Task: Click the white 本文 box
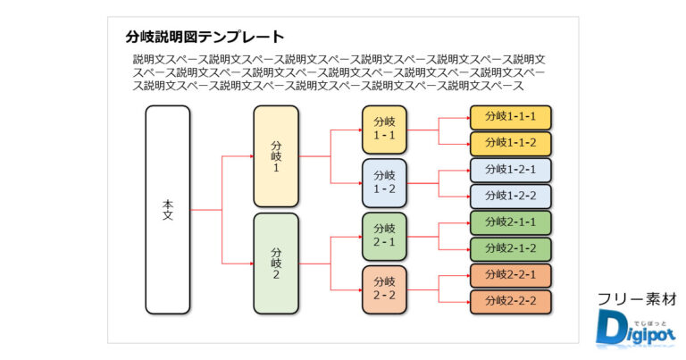[168, 210]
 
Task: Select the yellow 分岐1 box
[276, 156]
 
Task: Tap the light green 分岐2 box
[276, 263]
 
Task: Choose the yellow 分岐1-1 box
[384, 130]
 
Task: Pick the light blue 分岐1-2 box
[384, 183]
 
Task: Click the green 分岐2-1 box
[384, 236]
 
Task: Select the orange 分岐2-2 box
[384, 289]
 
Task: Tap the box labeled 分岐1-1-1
[511, 117]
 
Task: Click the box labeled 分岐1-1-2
[511, 143]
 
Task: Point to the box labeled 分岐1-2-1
[511, 170]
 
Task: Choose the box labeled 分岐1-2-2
[511, 197]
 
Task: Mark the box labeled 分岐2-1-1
[511, 222]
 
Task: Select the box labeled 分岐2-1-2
[511, 249]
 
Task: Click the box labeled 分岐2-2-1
[511, 275]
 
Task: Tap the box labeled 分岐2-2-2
[511, 302]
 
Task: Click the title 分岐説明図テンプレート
[205, 38]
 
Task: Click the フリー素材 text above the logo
[635, 299]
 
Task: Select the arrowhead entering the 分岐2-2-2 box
[467, 302]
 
